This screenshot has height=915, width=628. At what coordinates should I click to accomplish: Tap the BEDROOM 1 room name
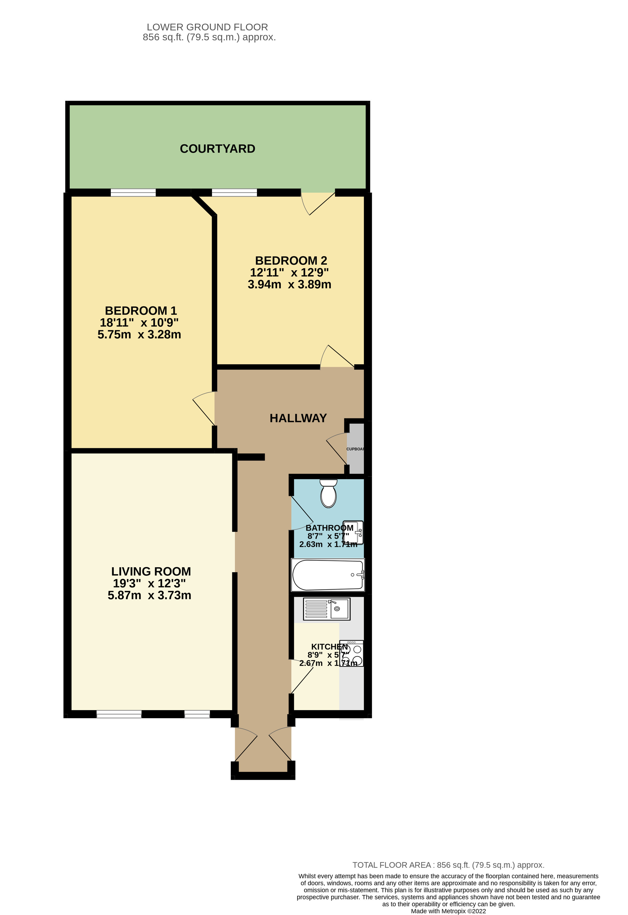click(141, 311)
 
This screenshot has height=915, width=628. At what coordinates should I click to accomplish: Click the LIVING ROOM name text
click(151, 571)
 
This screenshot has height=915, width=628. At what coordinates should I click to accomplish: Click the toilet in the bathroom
click(328, 494)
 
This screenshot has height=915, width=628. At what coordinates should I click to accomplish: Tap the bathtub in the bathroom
click(328, 575)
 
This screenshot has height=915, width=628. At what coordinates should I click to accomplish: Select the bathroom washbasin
click(354, 532)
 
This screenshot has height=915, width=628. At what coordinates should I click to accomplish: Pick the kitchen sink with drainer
click(326, 609)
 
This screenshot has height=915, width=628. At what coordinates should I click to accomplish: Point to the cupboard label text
click(355, 449)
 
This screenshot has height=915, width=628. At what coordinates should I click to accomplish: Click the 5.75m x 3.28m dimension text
click(139, 335)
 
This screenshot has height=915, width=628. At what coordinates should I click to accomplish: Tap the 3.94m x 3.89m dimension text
click(289, 284)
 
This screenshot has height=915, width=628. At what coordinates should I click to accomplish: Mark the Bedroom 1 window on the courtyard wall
click(133, 192)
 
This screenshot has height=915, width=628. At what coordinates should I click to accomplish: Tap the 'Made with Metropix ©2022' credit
click(448, 911)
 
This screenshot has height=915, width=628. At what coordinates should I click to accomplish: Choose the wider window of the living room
click(119, 714)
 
